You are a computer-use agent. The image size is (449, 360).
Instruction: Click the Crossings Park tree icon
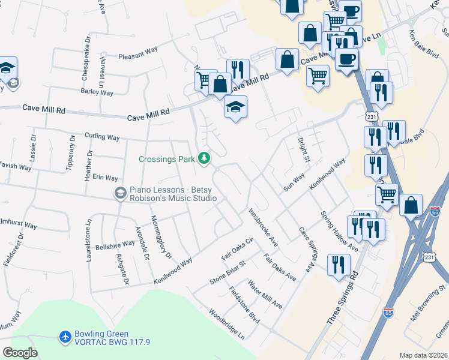205,158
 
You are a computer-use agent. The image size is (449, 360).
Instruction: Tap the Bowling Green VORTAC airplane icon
65,337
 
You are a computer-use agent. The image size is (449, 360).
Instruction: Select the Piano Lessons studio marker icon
120,193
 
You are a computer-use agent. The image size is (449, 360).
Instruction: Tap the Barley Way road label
97,92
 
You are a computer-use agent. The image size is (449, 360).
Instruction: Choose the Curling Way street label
102,136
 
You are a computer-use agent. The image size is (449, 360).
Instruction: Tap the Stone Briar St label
228,272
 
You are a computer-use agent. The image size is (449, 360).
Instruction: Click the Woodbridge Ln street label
226,325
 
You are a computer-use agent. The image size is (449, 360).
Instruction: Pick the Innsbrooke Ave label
263,227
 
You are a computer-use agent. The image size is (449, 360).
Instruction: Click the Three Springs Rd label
342,298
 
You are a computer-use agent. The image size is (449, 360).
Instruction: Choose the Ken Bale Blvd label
424,44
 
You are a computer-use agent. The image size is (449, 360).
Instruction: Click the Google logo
20,353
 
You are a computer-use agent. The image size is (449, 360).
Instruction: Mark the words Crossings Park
166,159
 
